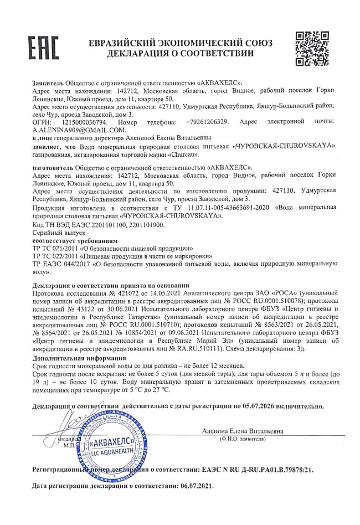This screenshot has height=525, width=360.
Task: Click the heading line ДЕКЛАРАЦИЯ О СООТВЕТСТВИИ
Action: pos(181,54)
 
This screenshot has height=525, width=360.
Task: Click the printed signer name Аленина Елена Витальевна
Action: pos(243,430)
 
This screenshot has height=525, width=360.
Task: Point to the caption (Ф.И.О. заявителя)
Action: pos(242,439)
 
